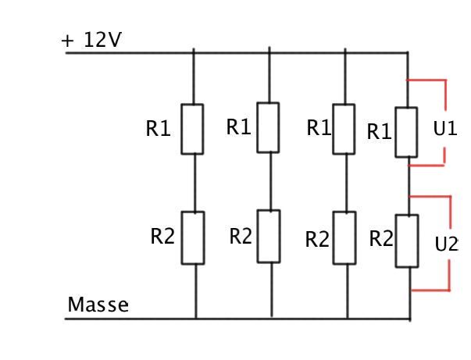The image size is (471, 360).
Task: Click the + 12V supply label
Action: pos(92,41)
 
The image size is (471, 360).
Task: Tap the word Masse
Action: pos(98,305)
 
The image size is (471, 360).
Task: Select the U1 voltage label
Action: pos(445,128)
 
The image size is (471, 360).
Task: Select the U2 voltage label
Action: pos(446,244)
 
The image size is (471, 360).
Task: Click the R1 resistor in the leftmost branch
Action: pos(192,129)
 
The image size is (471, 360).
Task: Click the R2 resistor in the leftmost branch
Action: pos(193,237)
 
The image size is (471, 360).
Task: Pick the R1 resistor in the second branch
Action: pos(268,127)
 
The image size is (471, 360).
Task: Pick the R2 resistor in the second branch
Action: pos(269,236)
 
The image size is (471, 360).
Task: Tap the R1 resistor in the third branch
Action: pos(344,129)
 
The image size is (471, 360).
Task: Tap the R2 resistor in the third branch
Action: pos(344,238)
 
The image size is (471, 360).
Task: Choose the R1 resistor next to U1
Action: pos(406,133)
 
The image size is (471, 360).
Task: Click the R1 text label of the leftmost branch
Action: pos(158,130)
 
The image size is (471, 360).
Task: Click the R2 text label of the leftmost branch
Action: pos(162,237)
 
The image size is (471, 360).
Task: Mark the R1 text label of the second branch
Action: pos(238,127)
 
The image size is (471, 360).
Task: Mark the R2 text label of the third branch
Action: pos(317,240)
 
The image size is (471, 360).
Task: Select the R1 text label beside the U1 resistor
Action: pos(379,133)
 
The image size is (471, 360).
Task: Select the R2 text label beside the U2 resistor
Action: pos(381,239)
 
